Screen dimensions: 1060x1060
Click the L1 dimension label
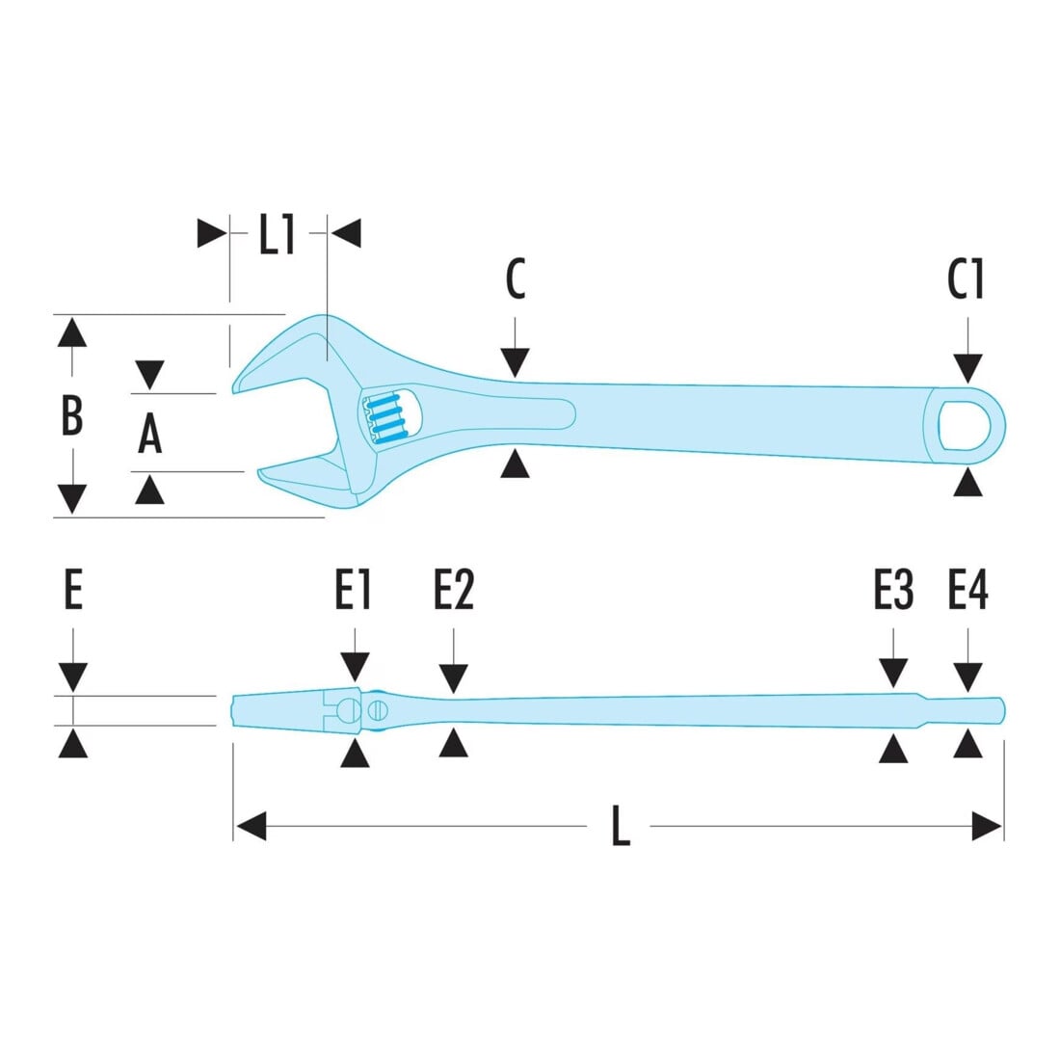[x=278, y=234]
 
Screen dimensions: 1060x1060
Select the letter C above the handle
[x=516, y=278]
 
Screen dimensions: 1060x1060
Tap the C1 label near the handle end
[x=966, y=278]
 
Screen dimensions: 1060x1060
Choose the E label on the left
[x=73, y=590]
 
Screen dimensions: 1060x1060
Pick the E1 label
[x=353, y=590]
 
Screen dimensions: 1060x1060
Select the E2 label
[x=454, y=590]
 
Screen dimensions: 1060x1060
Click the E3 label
[x=893, y=590]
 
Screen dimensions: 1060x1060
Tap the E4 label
[x=968, y=590]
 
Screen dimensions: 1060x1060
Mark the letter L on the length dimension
[x=621, y=826]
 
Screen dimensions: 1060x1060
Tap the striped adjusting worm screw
[x=384, y=419]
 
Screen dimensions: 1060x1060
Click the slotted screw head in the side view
[x=377, y=710]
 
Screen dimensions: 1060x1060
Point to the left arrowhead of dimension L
[x=251, y=826]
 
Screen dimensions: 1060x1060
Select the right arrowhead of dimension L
[x=987, y=826]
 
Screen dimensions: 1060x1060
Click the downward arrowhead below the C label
[x=516, y=363]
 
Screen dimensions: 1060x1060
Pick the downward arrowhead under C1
[x=968, y=368]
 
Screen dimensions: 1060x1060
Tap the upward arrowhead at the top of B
[x=71, y=331]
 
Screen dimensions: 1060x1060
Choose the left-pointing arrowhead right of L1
[x=346, y=233]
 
